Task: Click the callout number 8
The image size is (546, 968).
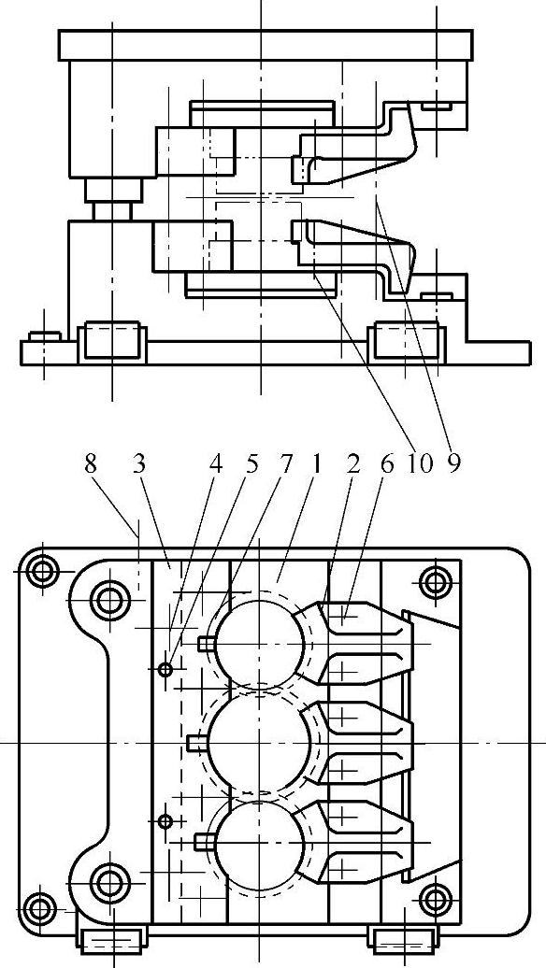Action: click(x=91, y=465)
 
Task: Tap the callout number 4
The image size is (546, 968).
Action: click(x=215, y=465)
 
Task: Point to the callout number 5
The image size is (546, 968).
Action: click(x=251, y=465)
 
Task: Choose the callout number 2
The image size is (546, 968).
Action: click(x=352, y=465)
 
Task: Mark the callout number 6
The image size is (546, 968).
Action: click(x=387, y=465)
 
